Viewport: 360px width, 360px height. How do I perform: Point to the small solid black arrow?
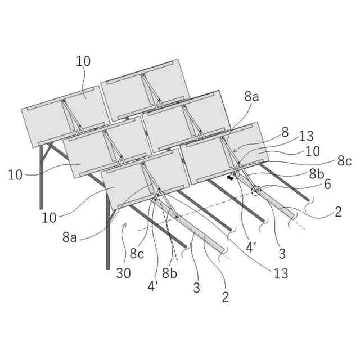click(229, 178)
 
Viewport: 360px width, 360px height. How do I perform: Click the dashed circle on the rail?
click(256, 191)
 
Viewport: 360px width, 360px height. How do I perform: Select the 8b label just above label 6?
click(316, 173)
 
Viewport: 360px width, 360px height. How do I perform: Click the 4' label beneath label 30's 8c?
click(153, 286)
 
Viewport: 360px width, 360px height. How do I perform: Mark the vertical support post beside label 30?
click(107, 236)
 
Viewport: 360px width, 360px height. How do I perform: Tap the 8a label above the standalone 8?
click(251, 96)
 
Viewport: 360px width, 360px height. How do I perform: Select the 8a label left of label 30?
click(70, 237)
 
